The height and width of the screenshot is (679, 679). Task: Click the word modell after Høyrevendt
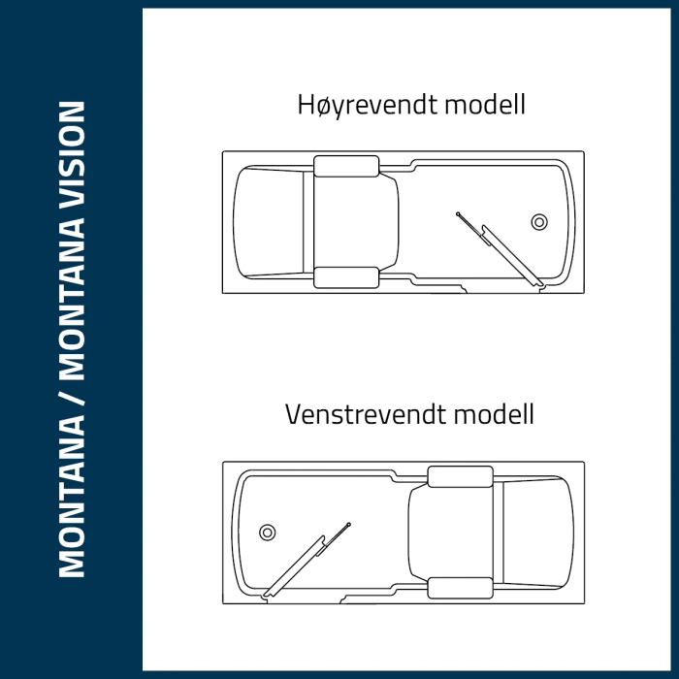(x=484, y=105)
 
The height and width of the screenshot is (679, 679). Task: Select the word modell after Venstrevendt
(x=493, y=415)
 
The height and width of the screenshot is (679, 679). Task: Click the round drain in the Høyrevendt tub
(x=539, y=222)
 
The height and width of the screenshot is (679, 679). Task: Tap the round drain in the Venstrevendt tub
(x=267, y=532)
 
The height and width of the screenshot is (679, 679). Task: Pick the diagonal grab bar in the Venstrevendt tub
(x=307, y=557)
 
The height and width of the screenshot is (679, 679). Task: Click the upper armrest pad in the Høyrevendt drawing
(x=346, y=166)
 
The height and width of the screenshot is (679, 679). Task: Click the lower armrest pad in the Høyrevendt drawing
(x=346, y=277)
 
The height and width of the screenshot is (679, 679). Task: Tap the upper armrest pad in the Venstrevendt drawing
(x=460, y=476)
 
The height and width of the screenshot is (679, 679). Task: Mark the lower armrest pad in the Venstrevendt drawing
(x=460, y=588)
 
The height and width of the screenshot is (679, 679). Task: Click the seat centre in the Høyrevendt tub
(x=355, y=222)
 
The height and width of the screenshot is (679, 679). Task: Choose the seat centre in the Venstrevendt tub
(x=452, y=532)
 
